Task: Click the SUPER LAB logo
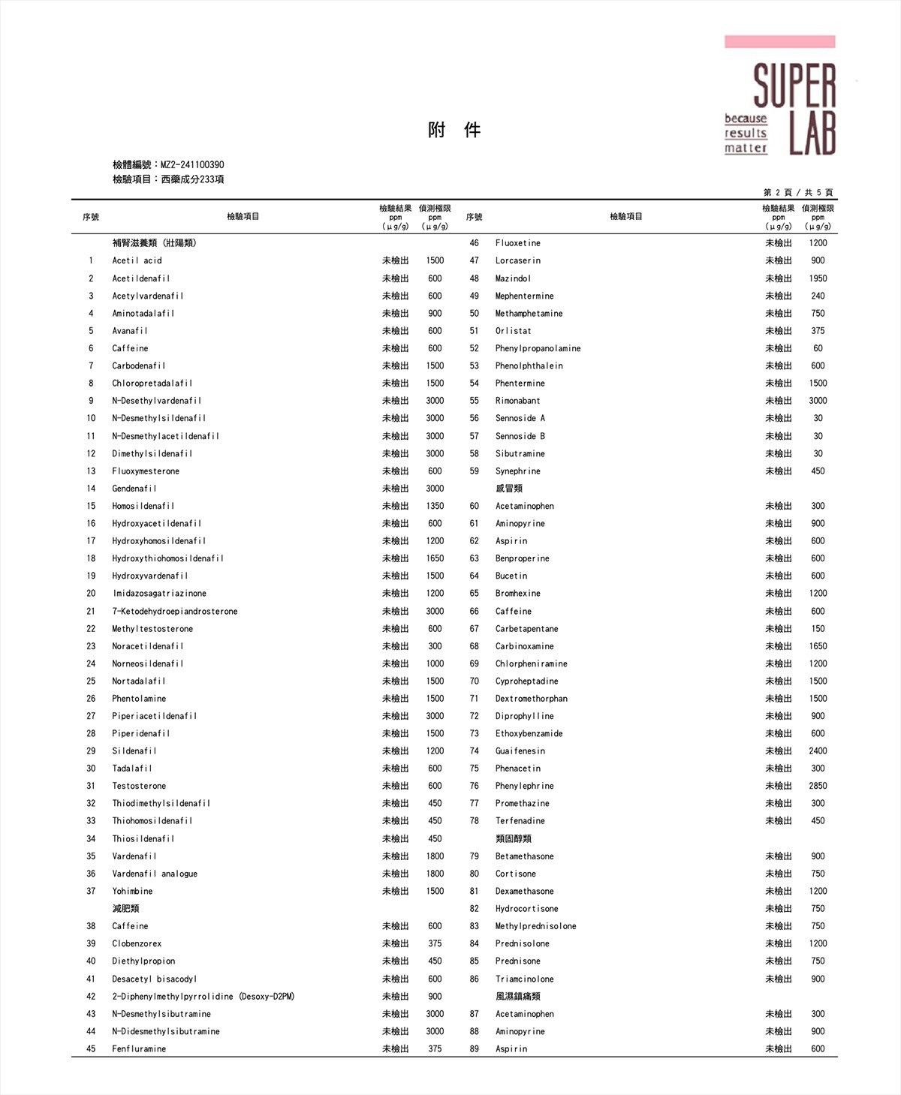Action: coord(779,96)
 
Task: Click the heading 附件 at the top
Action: coord(454,131)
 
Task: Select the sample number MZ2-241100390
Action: coord(192,165)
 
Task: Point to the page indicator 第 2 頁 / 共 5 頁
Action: coord(797,193)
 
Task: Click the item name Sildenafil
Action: coord(134,751)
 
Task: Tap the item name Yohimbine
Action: coord(132,892)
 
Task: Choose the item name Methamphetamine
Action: coord(529,314)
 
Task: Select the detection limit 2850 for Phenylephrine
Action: coord(818,787)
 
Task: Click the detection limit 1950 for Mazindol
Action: coord(818,278)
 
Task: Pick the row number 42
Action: coord(91,997)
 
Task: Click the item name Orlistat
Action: coord(513,331)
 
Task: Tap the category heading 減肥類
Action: coord(125,909)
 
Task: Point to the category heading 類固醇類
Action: coord(514,839)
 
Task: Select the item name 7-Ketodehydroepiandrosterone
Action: coord(175,612)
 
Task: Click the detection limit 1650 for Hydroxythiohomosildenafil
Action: coord(435,559)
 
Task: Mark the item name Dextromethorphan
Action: coord(531,699)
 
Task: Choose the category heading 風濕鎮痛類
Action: coord(518,997)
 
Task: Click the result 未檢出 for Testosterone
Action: coord(396,787)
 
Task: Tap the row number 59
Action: coord(474,471)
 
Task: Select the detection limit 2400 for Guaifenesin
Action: coord(818,751)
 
